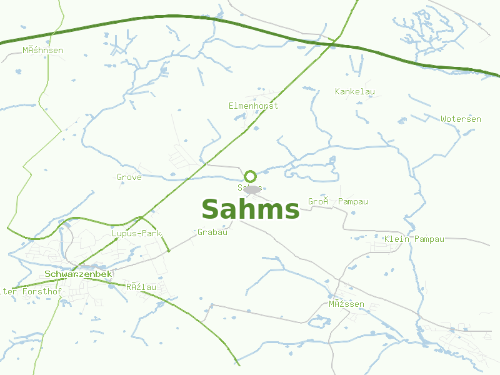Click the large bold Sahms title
click(250, 209)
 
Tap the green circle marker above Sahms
click(250, 176)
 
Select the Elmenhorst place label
click(253, 106)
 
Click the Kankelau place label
click(355, 92)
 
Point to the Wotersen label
click(461, 119)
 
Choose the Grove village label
click(129, 177)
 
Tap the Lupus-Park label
click(136, 233)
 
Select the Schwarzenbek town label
click(78, 274)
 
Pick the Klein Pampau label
click(414, 239)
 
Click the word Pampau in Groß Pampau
click(353, 202)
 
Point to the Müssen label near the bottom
click(346, 304)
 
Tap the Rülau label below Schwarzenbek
click(141, 287)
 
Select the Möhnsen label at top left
click(42, 50)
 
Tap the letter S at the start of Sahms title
click(210, 209)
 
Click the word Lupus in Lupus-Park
click(124, 233)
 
